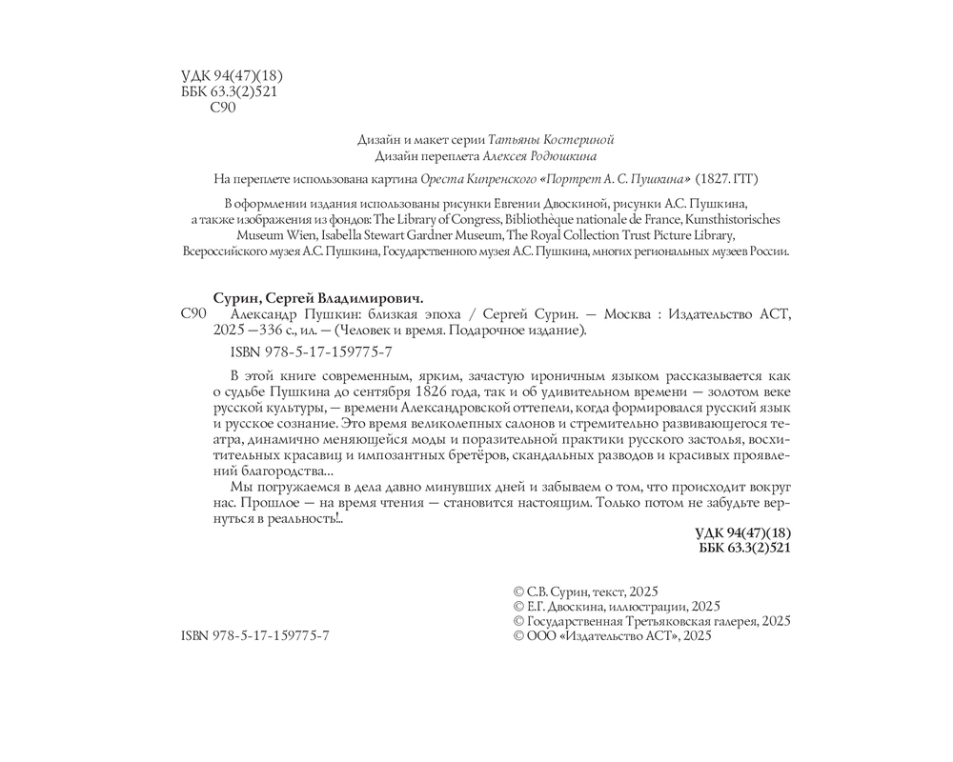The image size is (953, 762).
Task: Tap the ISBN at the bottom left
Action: (x=254, y=634)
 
